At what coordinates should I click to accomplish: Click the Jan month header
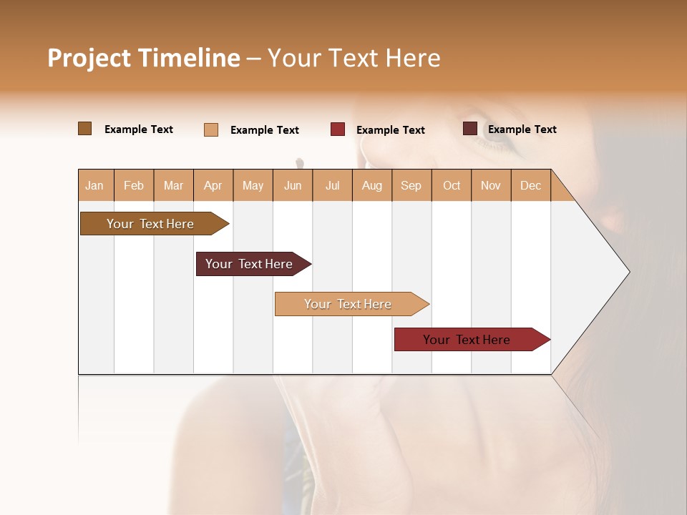[x=95, y=185]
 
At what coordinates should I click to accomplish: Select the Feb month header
[x=134, y=185]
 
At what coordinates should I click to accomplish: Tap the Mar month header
[x=173, y=185]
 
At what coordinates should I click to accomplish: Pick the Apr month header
[x=213, y=185]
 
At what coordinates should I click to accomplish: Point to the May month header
[x=253, y=185]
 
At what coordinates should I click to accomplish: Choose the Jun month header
[x=293, y=185]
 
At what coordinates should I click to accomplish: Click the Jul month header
[x=332, y=185]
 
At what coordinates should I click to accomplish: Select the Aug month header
[x=372, y=185]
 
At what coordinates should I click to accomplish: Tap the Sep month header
[x=411, y=185]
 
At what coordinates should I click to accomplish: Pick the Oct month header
[x=452, y=185]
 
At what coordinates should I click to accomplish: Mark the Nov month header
[x=491, y=185]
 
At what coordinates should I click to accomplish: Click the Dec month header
[x=531, y=185]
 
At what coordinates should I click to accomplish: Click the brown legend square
[x=85, y=129]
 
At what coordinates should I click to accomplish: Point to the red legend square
[x=338, y=129]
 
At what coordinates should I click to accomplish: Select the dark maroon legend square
[x=469, y=129]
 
